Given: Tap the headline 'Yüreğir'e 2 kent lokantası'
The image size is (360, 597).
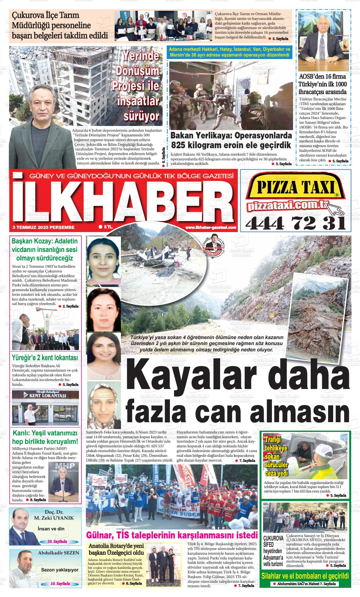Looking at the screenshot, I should click(45, 358).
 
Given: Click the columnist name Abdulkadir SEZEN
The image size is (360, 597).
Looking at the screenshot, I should click(58, 553).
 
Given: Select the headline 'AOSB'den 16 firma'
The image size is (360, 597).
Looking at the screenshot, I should click(322, 76).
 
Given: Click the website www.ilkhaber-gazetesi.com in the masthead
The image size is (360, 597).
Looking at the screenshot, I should click(211, 227).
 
